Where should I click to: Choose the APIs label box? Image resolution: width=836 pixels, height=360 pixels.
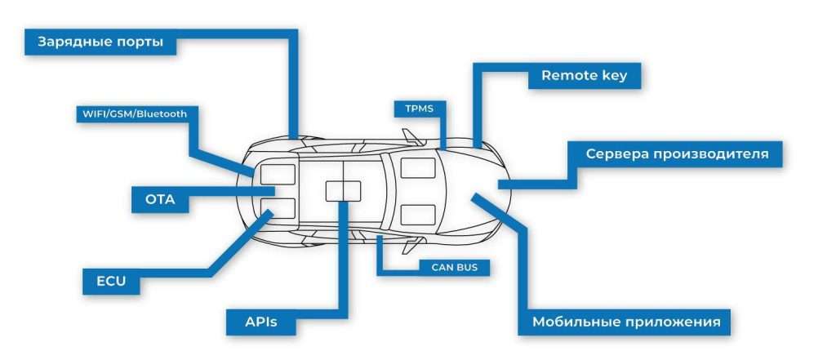tap(261, 322)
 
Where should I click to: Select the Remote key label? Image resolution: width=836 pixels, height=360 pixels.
tap(584, 77)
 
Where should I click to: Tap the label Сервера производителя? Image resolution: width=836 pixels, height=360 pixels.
tap(677, 154)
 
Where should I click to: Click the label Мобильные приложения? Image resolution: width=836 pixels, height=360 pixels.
tap(625, 322)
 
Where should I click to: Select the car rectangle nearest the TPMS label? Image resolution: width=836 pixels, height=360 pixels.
tap(418, 169)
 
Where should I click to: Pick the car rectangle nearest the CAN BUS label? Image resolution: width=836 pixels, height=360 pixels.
tap(418, 215)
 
